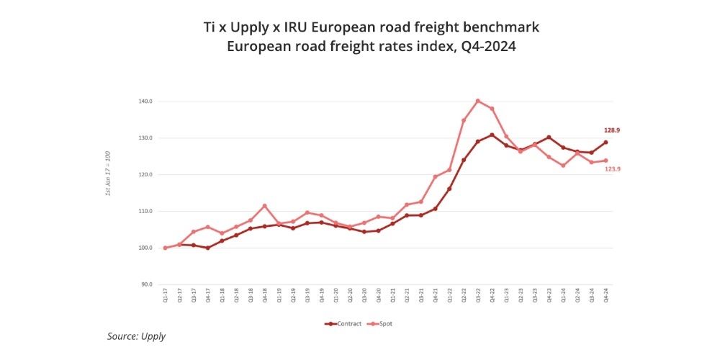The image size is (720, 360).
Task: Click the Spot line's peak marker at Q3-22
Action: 477,101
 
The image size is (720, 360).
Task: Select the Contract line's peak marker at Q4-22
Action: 492,135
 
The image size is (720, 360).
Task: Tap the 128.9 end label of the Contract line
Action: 611,130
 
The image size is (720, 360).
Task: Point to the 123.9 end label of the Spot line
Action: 611,168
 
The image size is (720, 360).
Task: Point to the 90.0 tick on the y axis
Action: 146,284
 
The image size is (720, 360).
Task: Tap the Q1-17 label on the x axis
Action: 165,294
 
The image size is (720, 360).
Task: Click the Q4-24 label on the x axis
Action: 606,294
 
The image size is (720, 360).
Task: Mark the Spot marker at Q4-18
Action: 264,206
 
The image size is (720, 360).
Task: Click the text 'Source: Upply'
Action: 136,336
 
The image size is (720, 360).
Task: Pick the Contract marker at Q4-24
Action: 606,142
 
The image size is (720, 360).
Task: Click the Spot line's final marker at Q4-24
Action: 606,161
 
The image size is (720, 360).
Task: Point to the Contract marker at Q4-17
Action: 207,248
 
